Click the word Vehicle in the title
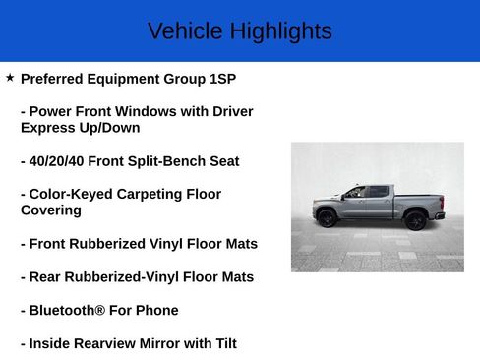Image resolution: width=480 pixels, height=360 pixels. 185,31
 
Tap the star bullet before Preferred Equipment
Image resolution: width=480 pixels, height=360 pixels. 10,77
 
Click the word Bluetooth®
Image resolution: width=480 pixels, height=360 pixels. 70,311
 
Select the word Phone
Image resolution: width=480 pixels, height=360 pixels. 157,311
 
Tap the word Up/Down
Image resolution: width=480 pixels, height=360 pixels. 109,128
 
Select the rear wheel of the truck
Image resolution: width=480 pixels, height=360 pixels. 417,219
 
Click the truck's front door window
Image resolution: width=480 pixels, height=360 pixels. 354,193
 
